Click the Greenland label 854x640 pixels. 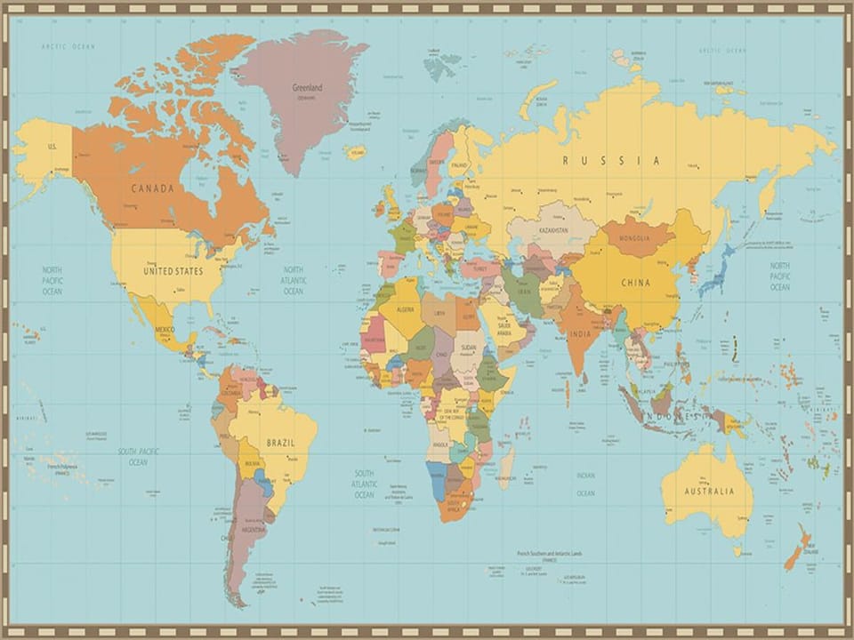click(308, 87)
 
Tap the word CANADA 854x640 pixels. click(152, 188)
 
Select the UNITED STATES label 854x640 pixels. click(173, 270)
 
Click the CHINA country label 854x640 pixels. click(634, 283)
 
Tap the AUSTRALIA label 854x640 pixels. click(710, 492)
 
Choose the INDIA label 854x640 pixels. click(579, 334)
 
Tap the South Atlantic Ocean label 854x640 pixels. click(365, 484)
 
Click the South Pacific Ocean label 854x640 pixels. click(138, 456)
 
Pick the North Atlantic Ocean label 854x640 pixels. click(294, 280)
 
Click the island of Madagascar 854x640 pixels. click(506, 467)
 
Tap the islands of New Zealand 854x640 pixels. click(797, 547)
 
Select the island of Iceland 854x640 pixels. click(355, 153)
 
